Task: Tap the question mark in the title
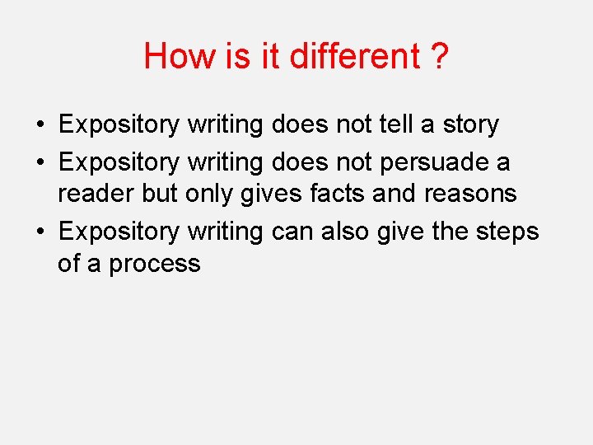[439, 56]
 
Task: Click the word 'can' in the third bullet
[292, 232]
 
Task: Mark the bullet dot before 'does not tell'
[40, 125]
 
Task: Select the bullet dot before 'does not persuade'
[40, 162]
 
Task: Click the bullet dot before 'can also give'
[40, 232]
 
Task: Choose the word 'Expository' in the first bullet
[119, 125]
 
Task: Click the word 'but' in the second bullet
[160, 194]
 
